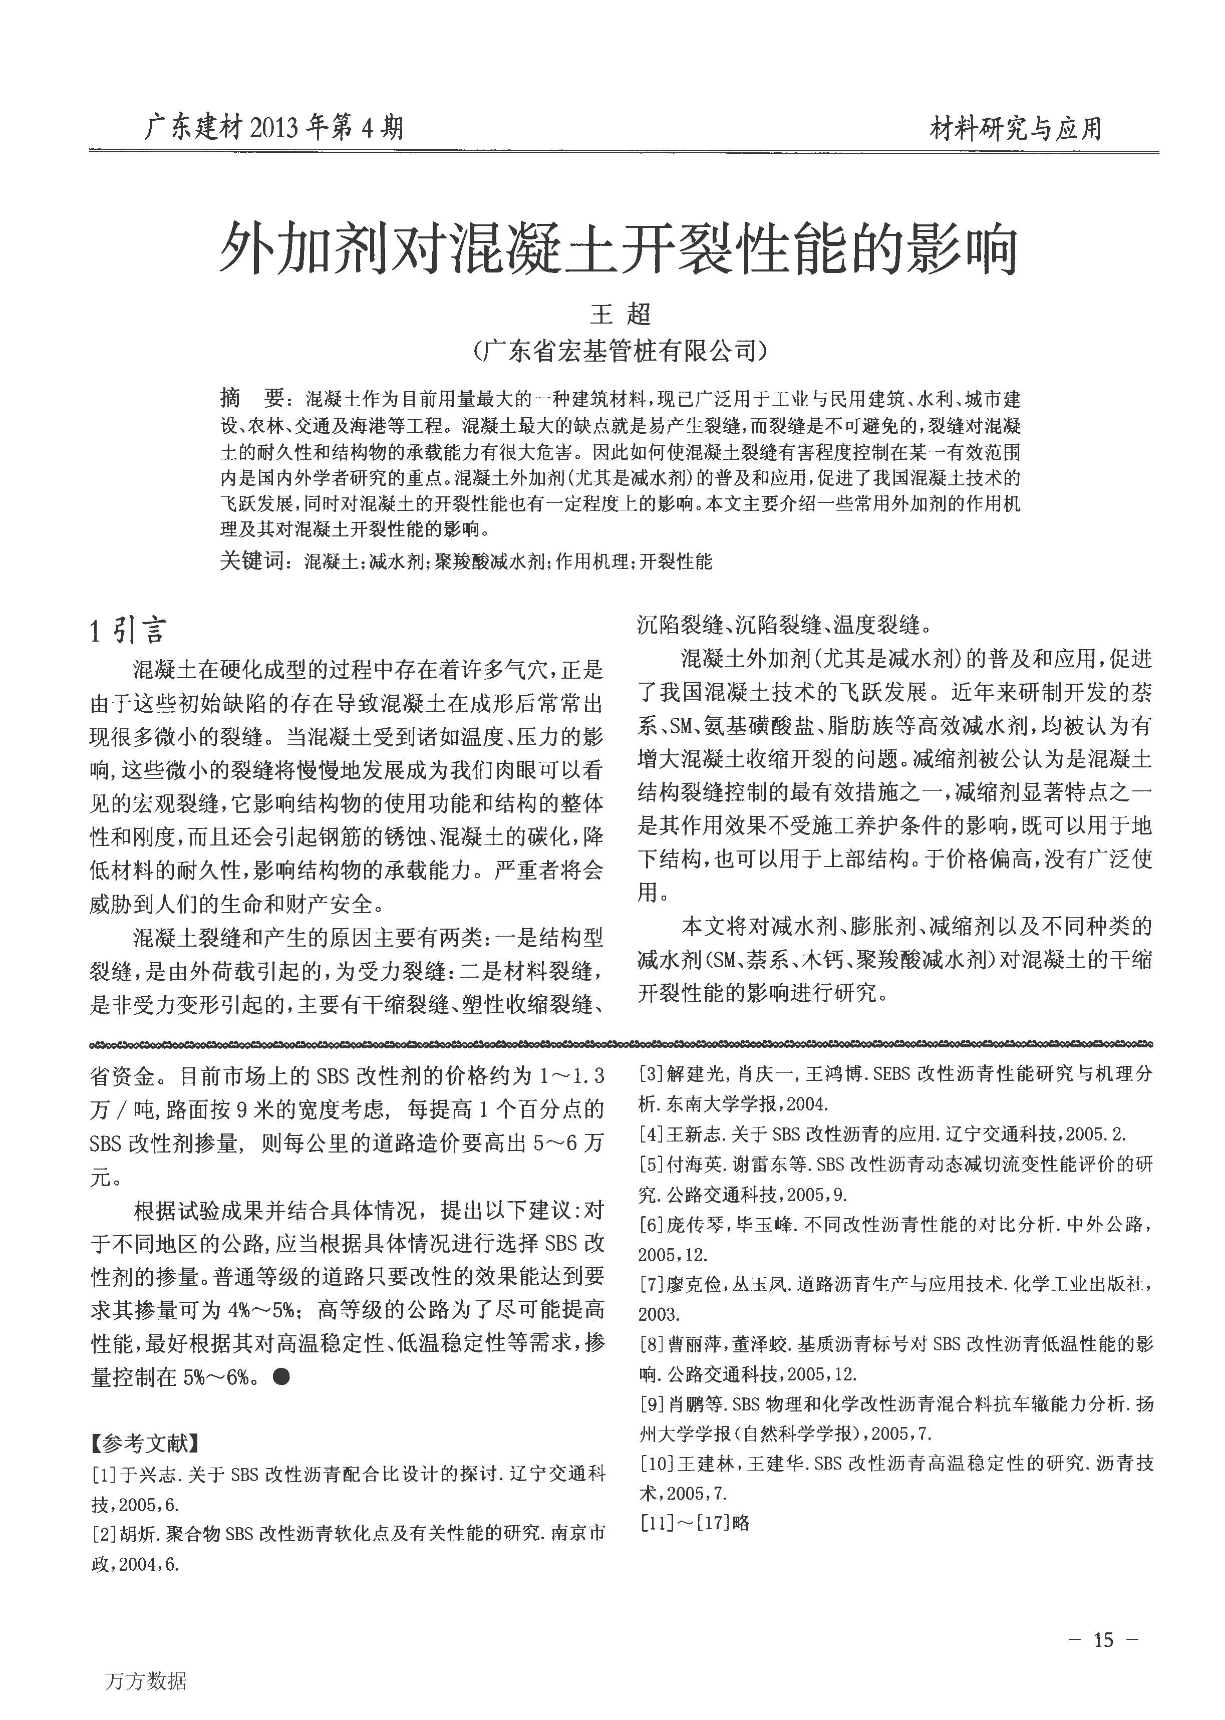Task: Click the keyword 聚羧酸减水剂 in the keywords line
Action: [489, 561]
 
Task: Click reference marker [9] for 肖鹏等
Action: [651, 1404]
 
